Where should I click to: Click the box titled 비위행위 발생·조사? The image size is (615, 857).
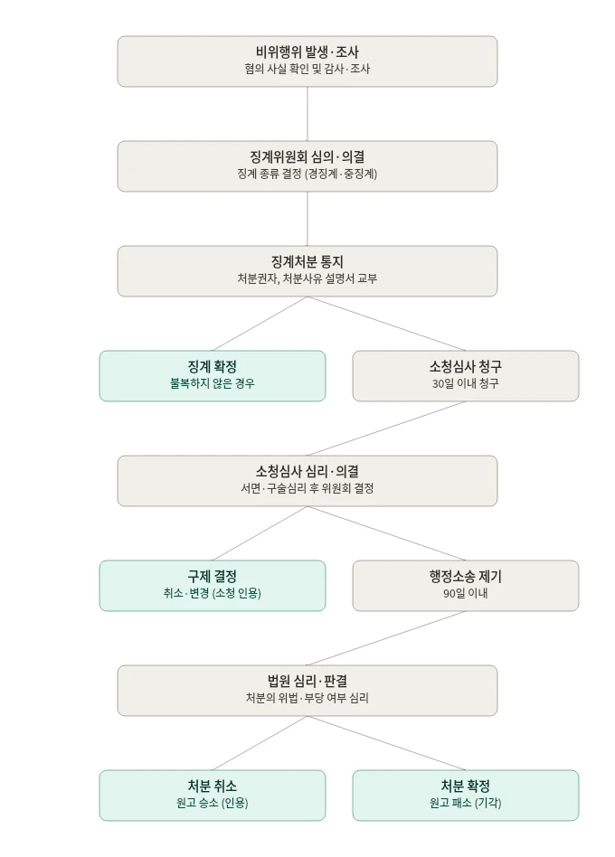[307, 61]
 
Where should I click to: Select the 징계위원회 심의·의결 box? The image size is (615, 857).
[307, 166]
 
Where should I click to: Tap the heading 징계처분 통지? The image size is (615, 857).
[307, 262]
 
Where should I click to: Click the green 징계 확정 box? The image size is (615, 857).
[213, 376]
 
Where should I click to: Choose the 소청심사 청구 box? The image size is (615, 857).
[465, 376]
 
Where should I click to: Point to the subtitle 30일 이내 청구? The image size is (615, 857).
[465, 383]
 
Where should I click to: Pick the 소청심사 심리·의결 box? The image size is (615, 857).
[307, 480]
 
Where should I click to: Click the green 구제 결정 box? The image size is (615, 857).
[213, 586]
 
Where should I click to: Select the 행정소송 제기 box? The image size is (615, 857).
[465, 586]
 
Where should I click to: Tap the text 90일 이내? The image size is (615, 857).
[465, 593]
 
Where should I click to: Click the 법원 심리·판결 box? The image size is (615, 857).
[307, 691]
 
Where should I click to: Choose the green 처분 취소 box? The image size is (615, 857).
[213, 796]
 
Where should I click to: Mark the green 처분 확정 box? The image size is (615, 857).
[465, 796]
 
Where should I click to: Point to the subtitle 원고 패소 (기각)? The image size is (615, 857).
[465, 803]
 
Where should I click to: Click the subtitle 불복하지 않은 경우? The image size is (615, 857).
[213, 383]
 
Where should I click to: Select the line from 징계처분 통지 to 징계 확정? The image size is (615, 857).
[260, 324]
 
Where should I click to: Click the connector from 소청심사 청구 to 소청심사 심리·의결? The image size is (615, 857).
[386, 428]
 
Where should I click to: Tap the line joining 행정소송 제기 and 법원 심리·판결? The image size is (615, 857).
[386, 638]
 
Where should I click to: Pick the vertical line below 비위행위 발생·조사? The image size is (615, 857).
[307, 114]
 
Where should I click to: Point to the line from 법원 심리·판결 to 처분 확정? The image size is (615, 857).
[386, 743]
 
